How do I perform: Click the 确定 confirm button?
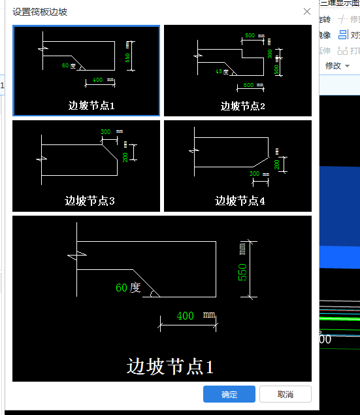[x=229, y=394]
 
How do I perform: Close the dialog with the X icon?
[x=307, y=11]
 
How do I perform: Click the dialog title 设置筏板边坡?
[x=40, y=12]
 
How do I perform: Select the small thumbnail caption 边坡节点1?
[x=91, y=105]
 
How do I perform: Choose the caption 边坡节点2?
[x=242, y=106]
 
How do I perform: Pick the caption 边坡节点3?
[x=90, y=201]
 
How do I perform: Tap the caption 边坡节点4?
[x=240, y=201]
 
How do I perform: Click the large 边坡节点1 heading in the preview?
[x=170, y=367]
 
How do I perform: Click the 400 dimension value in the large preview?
[x=186, y=316]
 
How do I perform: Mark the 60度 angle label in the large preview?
[x=128, y=287]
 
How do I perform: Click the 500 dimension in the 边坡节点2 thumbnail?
[x=250, y=35]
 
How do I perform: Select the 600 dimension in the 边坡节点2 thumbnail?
[x=249, y=86]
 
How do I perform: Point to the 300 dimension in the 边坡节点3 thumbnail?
[x=106, y=132]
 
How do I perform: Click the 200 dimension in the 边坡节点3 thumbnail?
[x=125, y=157]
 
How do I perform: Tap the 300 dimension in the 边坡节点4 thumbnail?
[x=255, y=174]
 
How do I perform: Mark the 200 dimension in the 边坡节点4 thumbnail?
[x=277, y=164]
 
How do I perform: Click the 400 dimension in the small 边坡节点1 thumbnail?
[x=98, y=80]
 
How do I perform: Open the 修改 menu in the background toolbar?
[x=333, y=66]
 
